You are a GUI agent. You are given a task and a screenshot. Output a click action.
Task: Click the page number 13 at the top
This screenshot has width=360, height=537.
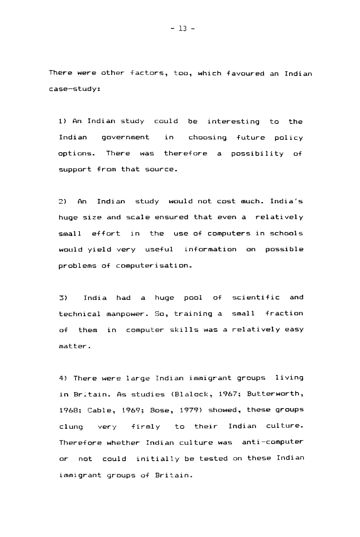pyautogui.click(x=183, y=28)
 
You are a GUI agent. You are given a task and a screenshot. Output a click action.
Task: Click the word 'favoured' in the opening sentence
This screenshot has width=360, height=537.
pyautogui.click(x=245, y=74)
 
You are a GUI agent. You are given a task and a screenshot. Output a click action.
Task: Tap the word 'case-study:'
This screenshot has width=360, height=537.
pyautogui.click(x=74, y=89)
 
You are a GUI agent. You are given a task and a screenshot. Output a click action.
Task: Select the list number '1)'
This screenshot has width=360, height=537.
pyautogui.click(x=63, y=121)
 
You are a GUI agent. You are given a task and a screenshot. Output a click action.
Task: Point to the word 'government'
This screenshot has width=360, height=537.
pyautogui.click(x=125, y=137)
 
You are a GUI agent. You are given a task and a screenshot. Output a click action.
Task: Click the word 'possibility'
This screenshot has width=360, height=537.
pyautogui.click(x=257, y=154)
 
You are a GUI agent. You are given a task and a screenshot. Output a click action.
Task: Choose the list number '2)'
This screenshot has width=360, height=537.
pyautogui.click(x=63, y=202)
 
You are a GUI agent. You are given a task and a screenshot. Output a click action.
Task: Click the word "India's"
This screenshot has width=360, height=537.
pyautogui.click(x=286, y=201)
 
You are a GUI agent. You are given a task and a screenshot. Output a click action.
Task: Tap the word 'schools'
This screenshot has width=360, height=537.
pyautogui.click(x=286, y=234)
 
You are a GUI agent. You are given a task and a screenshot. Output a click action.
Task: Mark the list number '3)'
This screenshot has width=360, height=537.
pyautogui.click(x=63, y=298)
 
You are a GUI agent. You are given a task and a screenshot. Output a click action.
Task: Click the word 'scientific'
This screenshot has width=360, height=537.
pyautogui.click(x=256, y=298)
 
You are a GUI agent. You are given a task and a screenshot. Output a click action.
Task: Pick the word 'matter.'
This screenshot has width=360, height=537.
pyautogui.click(x=75, y=346)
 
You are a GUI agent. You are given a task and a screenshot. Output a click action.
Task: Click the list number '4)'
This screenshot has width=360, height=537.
pyautogui.click(x=63, y=378)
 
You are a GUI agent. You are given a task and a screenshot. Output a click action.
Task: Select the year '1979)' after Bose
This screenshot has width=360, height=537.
pyautogui.click(x=191, y=410)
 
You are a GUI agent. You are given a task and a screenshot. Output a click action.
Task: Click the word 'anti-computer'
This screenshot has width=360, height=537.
pyautogui.click(x=272, y=442)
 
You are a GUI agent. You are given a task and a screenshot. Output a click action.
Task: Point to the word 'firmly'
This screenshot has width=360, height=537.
pyautogui.click(x=145, y=427)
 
